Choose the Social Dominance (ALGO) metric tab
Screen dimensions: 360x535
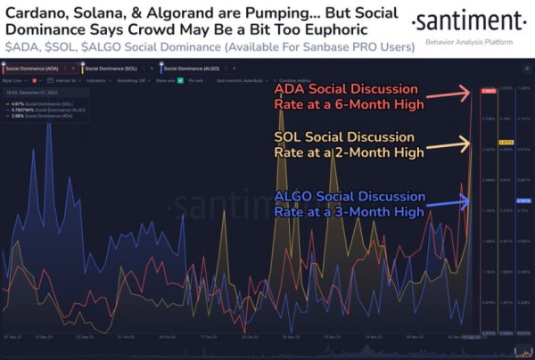[x=192, y=68]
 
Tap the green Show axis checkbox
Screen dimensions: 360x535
[x=179, y=79]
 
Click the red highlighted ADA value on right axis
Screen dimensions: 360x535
[x=488, y=91]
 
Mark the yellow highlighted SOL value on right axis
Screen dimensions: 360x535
[x=505, y=143]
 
